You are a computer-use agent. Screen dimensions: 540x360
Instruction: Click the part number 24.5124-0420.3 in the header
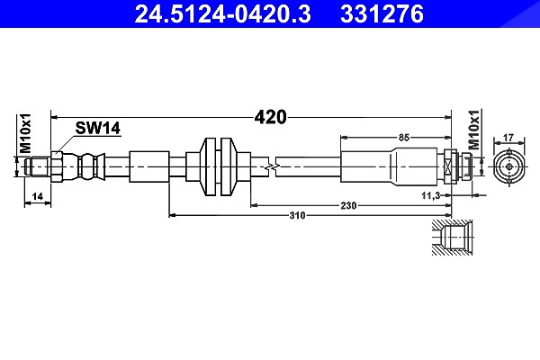click(223, 14)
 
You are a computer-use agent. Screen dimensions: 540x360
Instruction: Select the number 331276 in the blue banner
click(382, 14)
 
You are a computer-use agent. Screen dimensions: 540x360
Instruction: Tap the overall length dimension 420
click(270, 117)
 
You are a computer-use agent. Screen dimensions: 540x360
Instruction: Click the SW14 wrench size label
click(98, 128)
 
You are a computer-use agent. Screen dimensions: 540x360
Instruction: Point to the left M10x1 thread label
click(25, 133)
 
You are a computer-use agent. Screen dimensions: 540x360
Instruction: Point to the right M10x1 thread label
click(474, 130)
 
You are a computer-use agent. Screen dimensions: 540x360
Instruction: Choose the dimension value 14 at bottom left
click(37, 196)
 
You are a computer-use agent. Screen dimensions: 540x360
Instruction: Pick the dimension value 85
click(403, 138)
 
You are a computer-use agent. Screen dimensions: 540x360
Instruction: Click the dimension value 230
click(348, 206)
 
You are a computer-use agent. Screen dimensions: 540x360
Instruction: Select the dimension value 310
click(297, 216)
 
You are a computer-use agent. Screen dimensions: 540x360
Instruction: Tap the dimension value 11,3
click(431, 195)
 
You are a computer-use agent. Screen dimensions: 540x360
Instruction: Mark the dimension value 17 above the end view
click(508, 138)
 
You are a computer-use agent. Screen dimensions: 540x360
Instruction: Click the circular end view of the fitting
click(509, 167)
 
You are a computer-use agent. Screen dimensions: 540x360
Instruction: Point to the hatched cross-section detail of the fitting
click(452, 238)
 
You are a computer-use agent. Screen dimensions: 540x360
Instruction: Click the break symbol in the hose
click(272, 167)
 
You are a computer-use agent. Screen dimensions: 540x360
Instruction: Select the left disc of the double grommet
click(208, 167)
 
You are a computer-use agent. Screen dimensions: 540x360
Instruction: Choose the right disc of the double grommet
click(229, 167)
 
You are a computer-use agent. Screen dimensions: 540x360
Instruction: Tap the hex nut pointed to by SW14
click(57, 167)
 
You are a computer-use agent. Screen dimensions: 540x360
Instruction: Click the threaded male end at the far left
click(38, 167)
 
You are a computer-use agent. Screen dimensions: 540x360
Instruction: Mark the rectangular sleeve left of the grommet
click(149, 167)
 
